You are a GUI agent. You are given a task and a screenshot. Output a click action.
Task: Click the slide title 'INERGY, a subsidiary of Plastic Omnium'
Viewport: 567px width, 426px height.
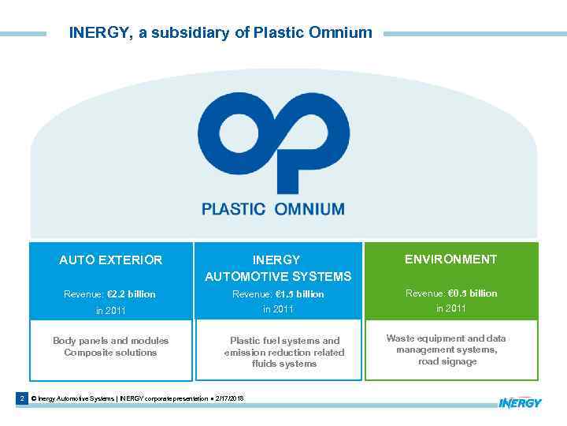coord(220,33)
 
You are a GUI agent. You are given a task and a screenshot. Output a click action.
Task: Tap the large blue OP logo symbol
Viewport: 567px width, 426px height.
coord(272,146)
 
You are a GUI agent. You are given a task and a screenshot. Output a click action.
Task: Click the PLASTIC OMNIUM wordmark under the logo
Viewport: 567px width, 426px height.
coord(272,209)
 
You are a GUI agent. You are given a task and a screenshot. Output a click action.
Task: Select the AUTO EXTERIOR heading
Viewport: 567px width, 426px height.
coord(111,260)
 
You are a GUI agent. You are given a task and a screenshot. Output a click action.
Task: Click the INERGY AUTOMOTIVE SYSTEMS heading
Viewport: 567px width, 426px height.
coord(278,268)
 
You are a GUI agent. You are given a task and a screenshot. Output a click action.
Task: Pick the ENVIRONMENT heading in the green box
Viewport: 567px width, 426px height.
coord(451,259)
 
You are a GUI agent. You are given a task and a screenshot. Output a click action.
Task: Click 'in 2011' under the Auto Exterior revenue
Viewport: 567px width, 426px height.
coord(110,311)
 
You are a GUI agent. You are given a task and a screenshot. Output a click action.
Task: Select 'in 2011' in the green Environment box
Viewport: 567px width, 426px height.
coord(451,308)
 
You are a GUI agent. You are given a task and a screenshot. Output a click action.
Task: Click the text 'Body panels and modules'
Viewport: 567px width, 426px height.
coord(110,341)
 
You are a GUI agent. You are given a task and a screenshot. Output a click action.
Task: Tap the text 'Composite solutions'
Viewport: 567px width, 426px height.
coord(110,353)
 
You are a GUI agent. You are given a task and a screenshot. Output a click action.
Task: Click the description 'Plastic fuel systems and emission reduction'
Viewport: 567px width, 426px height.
coord(284,346)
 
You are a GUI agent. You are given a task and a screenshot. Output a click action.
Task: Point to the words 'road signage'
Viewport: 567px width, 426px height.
coord(447,362)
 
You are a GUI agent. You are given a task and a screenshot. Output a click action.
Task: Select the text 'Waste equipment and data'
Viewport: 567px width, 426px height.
coord(446,338)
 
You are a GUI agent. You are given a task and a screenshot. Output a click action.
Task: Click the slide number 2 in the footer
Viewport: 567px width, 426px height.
coord(22,399)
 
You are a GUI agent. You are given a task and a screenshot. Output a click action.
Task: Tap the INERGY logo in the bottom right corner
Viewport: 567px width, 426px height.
coord(520,403)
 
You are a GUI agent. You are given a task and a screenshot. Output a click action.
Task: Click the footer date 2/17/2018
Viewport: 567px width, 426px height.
coord(228,399)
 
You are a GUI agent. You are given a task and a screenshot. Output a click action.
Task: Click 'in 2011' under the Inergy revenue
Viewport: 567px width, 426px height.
coord(278,309)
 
